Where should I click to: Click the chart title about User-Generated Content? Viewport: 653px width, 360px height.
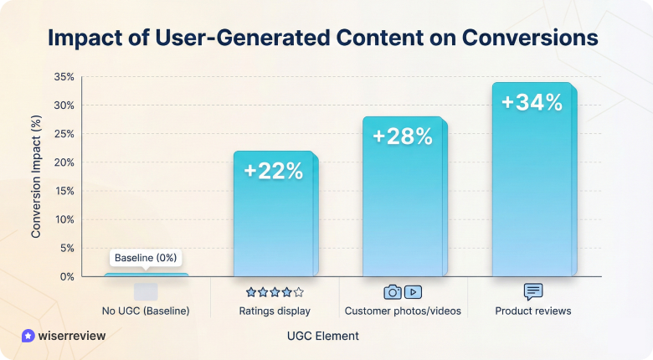click(323, 39)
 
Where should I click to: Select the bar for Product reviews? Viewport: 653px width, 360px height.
click(532, 193)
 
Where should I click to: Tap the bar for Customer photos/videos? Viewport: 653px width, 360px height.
click(404, 209)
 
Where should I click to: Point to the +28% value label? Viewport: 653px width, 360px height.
click(403, 136)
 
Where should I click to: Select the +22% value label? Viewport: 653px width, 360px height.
click(274, 171)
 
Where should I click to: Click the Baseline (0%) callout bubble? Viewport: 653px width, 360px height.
click(146, 258)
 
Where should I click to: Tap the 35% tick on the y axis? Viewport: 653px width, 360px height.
click(64, 77)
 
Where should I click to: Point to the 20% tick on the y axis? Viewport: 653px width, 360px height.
click(64, 162)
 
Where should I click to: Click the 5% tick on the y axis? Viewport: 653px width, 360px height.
click(67, 248)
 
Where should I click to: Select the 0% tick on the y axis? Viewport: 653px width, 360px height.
click(67, 276)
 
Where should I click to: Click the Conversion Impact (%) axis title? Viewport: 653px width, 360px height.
click(37, 177)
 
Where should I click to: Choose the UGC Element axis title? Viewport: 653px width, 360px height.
click(322, 336)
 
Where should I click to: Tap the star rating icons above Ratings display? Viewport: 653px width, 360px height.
click(275, 292)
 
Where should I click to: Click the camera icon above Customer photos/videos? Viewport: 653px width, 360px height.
click(393, 292)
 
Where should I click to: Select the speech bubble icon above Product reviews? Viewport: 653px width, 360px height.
click(533, 292)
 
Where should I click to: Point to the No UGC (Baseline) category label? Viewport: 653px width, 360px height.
click(146, 311)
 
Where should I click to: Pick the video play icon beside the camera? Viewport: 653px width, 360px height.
click(413, 292)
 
